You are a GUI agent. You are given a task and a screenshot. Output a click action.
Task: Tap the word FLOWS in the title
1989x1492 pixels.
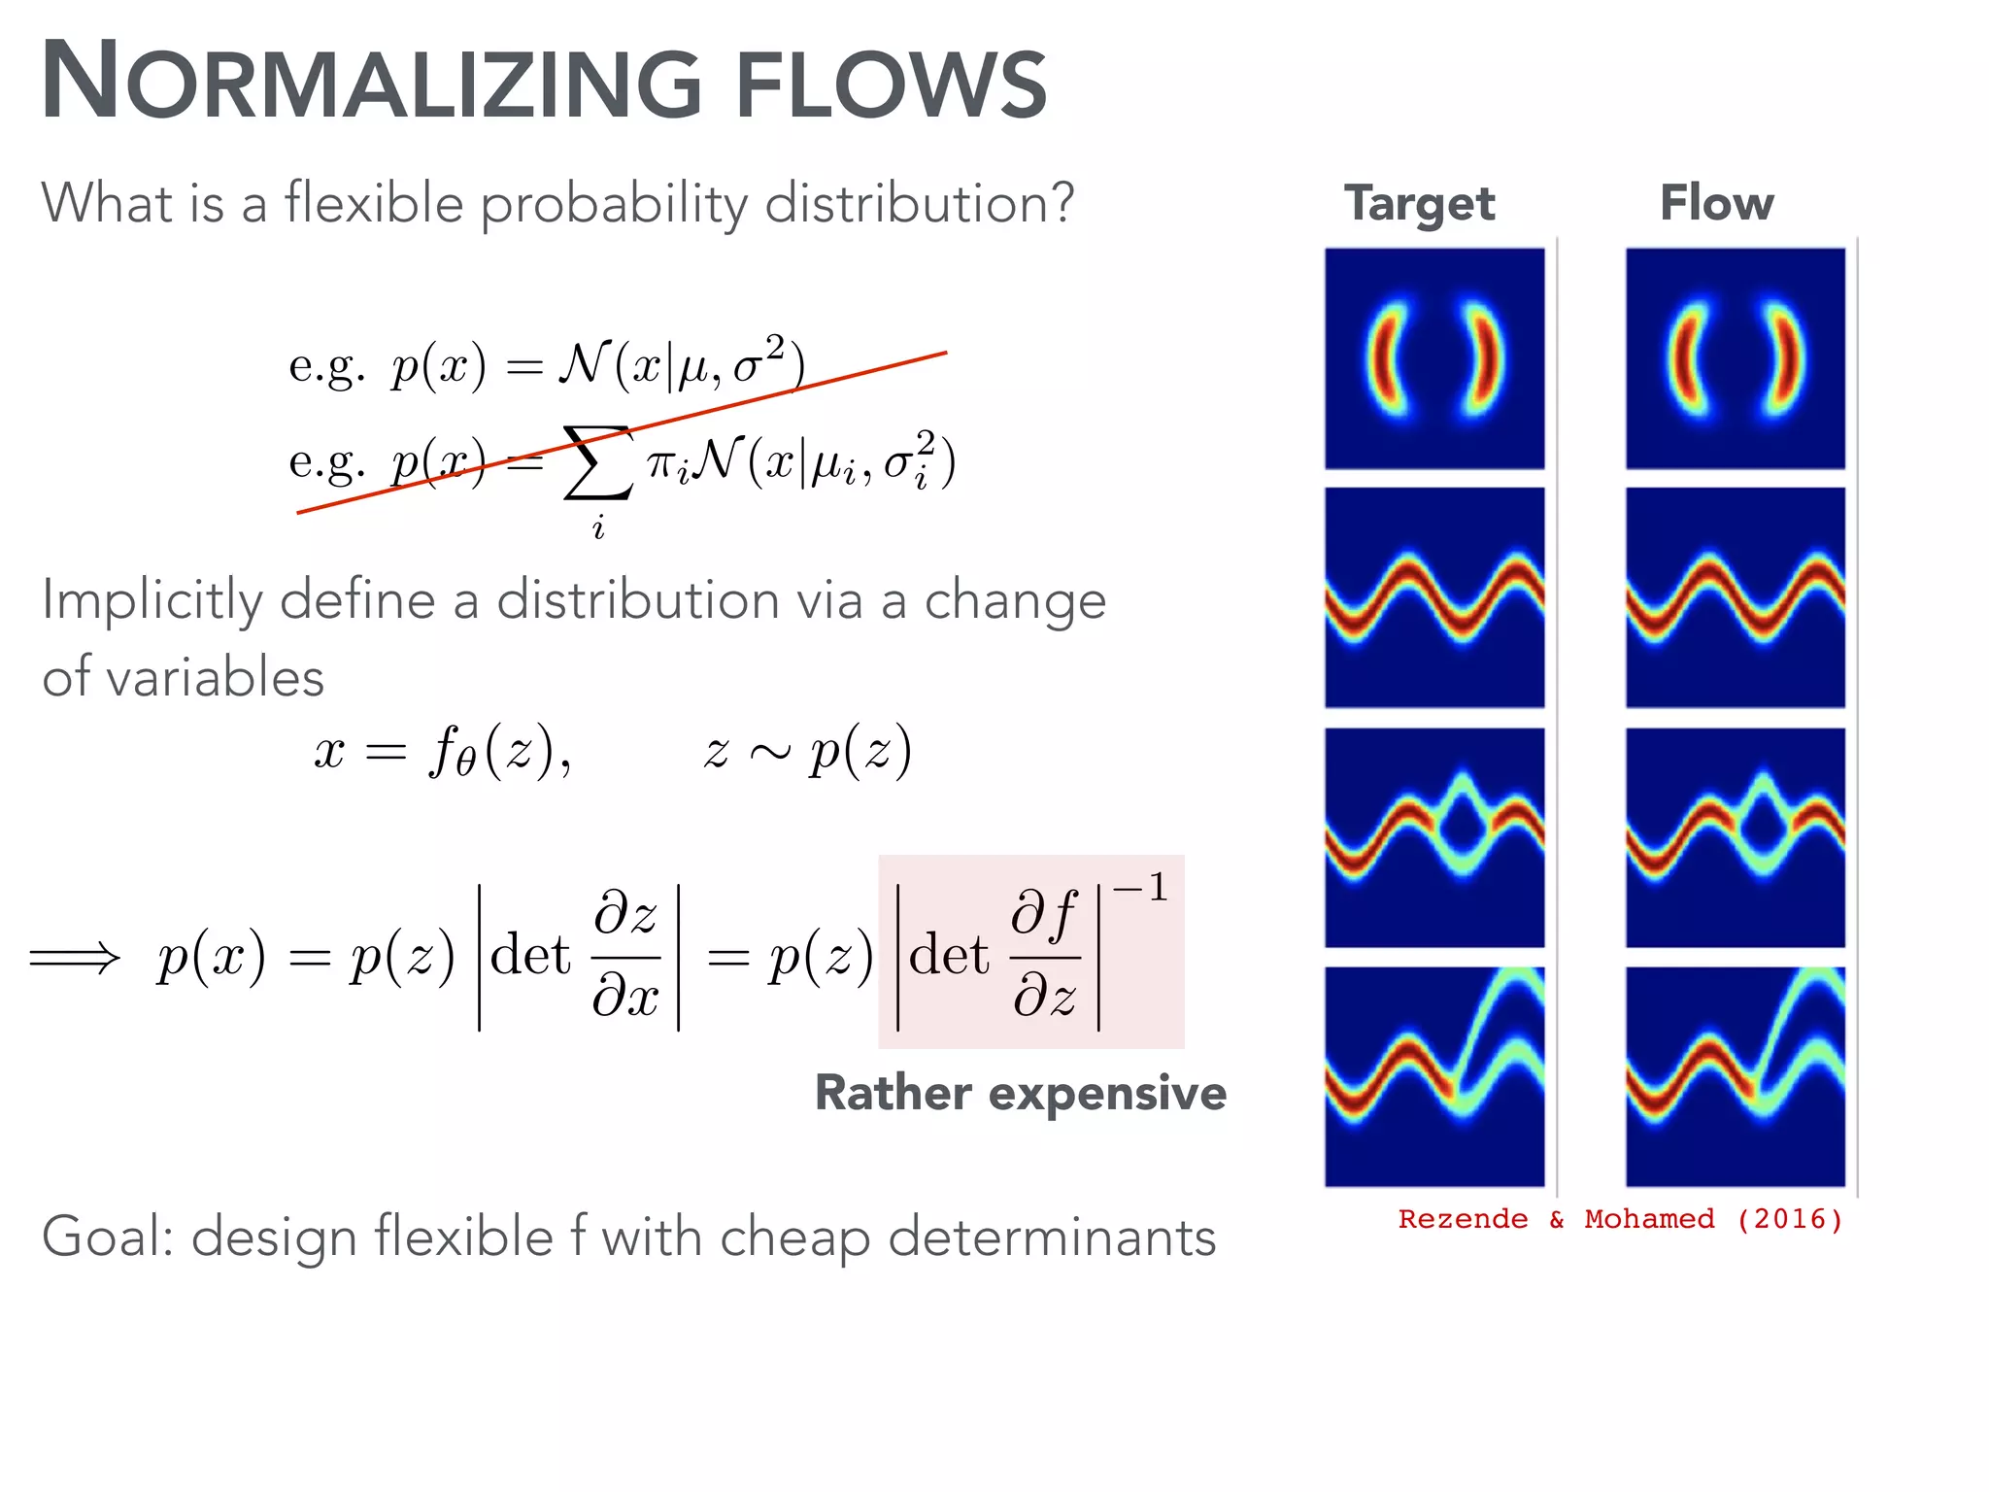point(891,85)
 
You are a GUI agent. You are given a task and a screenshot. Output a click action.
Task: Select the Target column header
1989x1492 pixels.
point(1419,204)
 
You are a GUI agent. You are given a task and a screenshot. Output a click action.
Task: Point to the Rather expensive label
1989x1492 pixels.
point(1020,1093)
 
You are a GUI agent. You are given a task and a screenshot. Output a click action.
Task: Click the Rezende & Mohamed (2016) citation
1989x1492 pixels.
point(1620,1219)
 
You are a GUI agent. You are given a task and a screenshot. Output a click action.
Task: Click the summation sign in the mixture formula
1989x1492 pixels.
point(598,464)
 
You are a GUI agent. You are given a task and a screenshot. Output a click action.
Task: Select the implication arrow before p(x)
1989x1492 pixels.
point(75,958)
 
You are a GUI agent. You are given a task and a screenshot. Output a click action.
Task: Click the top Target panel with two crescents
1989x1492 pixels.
point(1434,358)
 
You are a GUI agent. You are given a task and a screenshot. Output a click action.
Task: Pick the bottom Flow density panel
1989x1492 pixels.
point(1736,1076)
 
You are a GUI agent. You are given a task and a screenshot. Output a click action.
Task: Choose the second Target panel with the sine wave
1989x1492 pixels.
point(1434,597)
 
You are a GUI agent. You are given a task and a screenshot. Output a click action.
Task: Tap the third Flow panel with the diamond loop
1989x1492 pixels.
point(1736,837)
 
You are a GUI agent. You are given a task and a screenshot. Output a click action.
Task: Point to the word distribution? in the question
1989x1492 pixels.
point(919,203)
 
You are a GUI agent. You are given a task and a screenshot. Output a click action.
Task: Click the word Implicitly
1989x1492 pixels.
point(152,600)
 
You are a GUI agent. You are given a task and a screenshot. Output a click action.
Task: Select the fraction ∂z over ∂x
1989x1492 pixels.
point(625,956)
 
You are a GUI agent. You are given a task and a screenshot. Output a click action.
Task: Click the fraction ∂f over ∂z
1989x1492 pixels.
point(1044,956)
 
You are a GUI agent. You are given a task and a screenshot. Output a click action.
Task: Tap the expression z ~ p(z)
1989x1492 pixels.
point(807,751)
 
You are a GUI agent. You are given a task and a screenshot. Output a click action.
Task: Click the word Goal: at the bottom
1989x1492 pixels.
point(108,1237)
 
